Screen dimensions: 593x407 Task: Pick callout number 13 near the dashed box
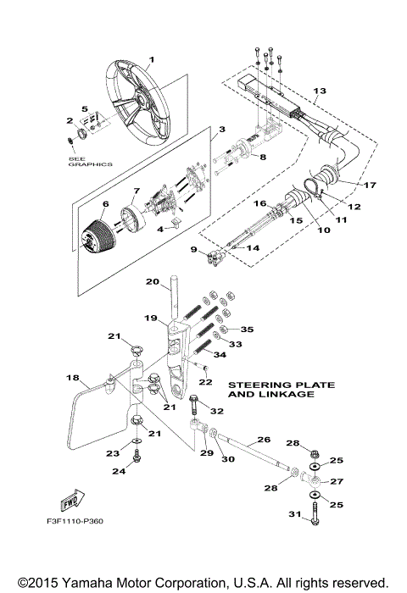(319, 90)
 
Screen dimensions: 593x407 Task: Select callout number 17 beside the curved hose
(369, 185)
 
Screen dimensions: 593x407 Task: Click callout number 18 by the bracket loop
(72, 377)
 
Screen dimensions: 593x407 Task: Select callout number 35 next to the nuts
(247, 329)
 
